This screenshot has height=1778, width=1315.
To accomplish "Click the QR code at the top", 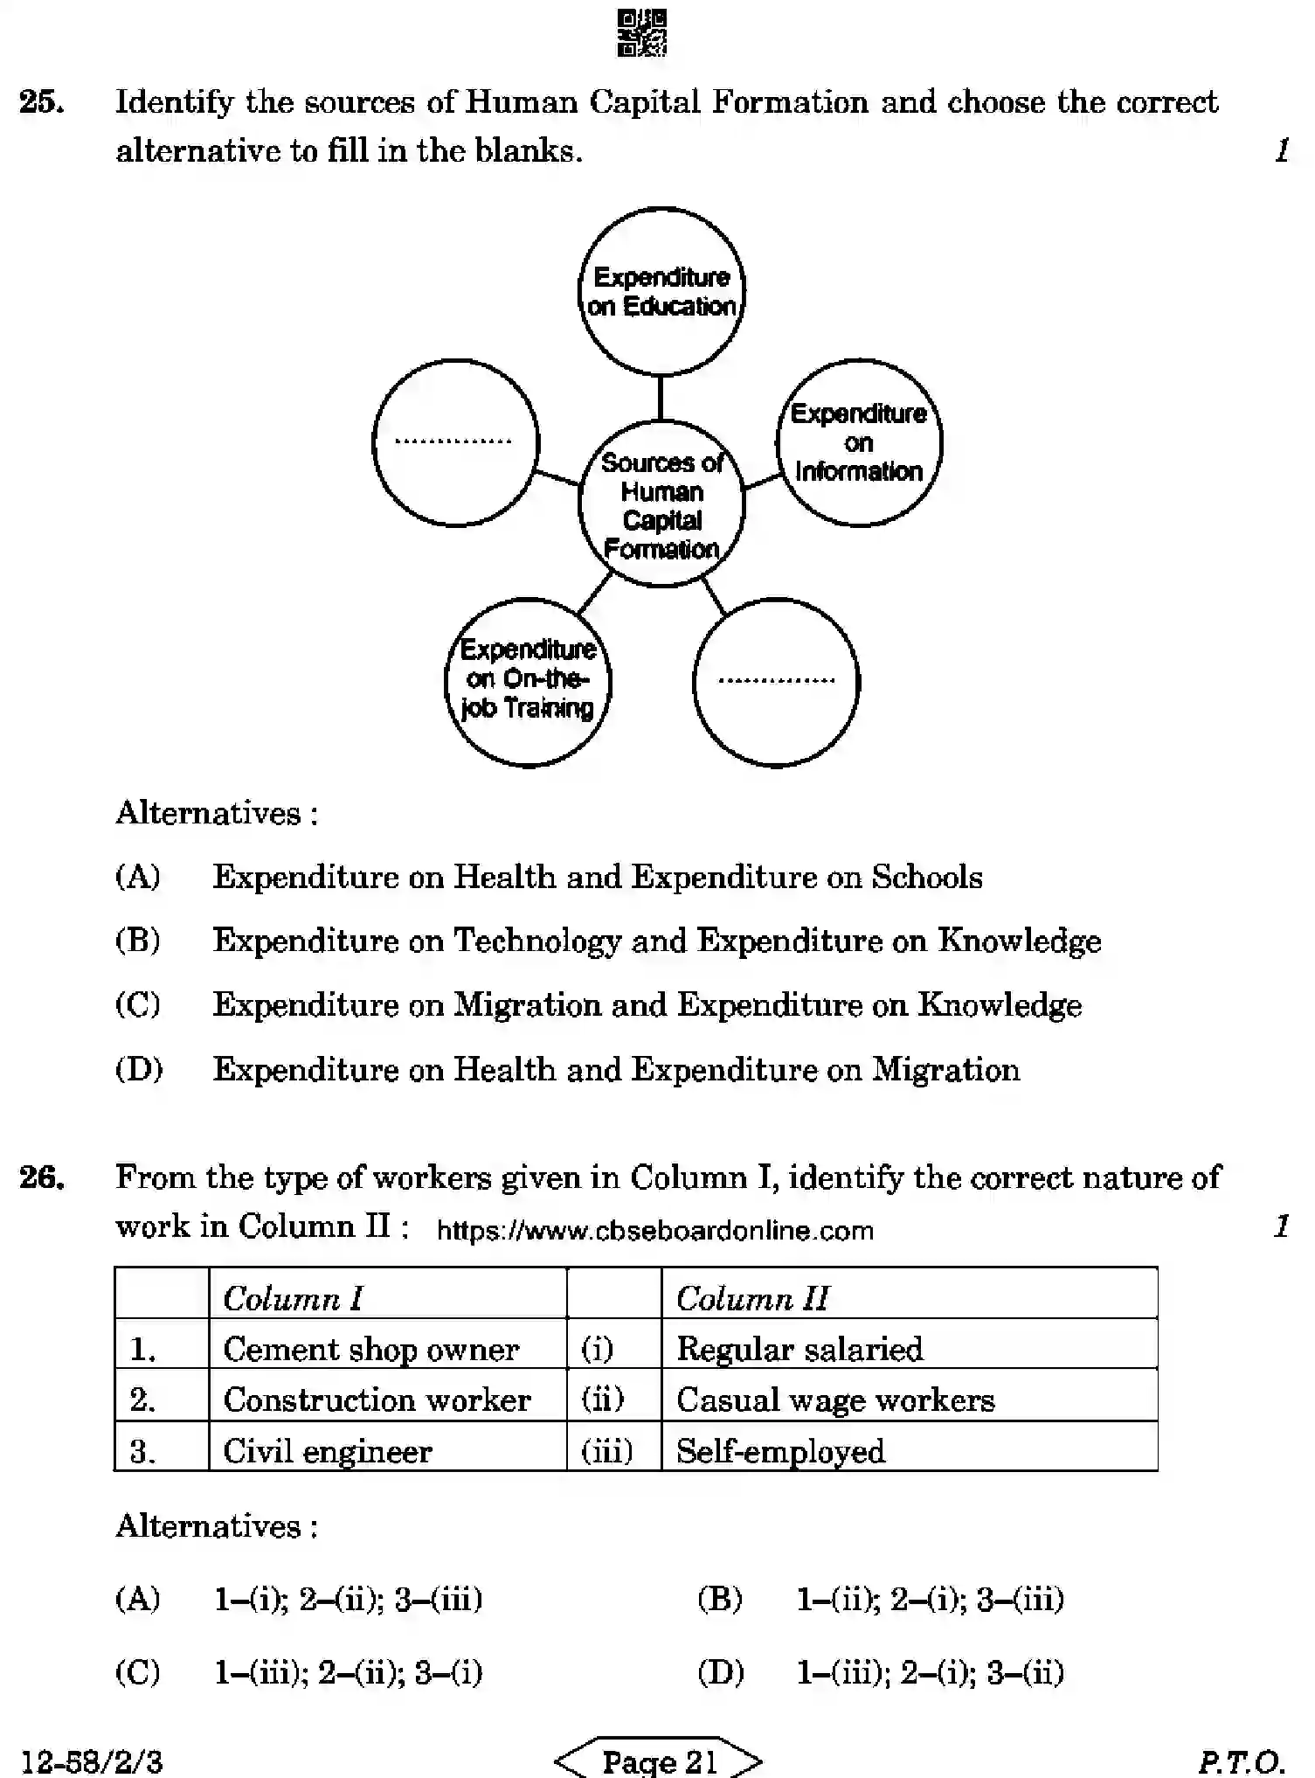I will [x=642, y=33].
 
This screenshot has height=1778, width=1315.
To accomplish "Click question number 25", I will [x=42, y=103].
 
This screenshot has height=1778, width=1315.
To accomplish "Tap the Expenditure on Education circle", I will [x=661, y=291].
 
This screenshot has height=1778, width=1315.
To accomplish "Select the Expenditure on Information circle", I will [x=859, y=442].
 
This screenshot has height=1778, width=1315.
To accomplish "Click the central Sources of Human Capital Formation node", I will [x=661, y=504].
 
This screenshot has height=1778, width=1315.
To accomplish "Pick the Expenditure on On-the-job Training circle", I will [x=528, y=681].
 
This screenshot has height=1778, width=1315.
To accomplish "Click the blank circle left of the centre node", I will [x=455, y=442].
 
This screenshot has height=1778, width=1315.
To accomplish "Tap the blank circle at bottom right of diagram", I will [x=776, y=682].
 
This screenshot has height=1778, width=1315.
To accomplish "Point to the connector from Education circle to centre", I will [x=661, y=398].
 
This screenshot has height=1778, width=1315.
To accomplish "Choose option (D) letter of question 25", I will [x=139, y=1069].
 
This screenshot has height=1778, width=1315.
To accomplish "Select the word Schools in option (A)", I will [x=927, y=877].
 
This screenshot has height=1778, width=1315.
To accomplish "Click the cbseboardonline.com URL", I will [x=654, y=1231].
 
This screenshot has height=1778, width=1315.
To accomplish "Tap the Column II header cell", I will [x=909, y=1297].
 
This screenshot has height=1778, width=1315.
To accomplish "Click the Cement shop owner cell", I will [x=387, y=1349].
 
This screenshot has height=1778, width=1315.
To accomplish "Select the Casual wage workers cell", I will [x=909, y=1399].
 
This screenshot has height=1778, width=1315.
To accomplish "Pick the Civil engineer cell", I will [x=387, y=1451].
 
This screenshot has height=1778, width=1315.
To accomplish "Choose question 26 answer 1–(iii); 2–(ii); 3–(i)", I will [x=348, y=1672].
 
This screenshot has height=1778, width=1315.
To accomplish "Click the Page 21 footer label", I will [x=659, y=1760].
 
